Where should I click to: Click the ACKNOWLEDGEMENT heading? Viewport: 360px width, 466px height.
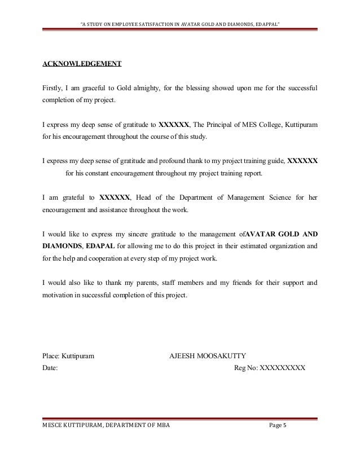(x=82, y=63)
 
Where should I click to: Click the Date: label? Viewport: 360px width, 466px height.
(x=50, y=368)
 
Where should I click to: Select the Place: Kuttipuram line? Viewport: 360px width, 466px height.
(x=68, y=356)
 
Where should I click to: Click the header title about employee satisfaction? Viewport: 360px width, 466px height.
(x=181, y=8)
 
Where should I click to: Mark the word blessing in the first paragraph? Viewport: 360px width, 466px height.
(x=209, y=89)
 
